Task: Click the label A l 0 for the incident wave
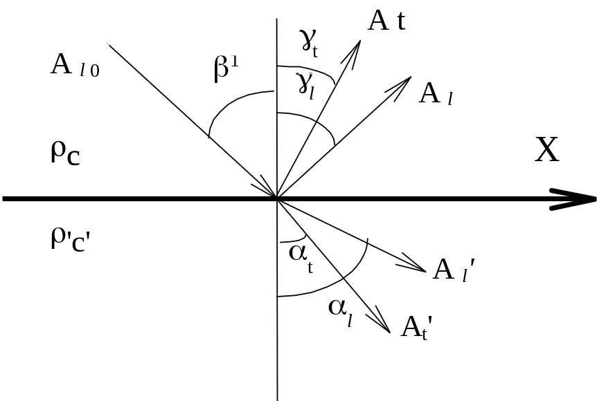78,69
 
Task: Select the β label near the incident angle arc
241,80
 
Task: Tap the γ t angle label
327,47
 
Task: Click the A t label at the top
395,26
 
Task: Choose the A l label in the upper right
447,98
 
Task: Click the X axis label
562,153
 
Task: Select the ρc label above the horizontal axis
78,160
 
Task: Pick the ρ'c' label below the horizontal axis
78,246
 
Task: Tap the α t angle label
317,264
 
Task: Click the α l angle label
356,318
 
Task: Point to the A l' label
461,275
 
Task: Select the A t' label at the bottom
429,333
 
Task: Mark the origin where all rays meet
277,199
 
